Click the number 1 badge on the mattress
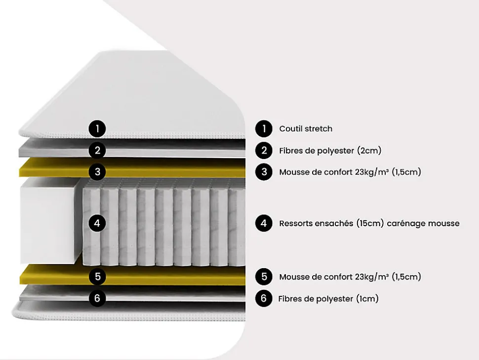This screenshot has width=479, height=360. click(x=97, y=129)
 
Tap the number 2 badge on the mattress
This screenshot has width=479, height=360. click(x=97, y=150)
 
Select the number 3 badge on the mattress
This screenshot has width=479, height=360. click(x=97, y=172)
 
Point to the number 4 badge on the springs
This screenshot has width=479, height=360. click(x=97, y=223)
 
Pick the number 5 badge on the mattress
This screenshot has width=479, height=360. click(x=97, y=277)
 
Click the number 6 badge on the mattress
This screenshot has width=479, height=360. click(x=97, y=298)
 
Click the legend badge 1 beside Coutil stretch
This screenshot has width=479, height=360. click(x=264, y=129)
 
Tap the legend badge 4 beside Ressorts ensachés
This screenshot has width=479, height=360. click(x=264, y=223)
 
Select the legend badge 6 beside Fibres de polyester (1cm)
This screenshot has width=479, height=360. click(x=264, y=298)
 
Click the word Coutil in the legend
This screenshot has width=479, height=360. click(x=289, y=129)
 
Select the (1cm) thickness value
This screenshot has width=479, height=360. click(x=367, y=299)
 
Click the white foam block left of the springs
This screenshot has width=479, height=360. click(x=48, y=221)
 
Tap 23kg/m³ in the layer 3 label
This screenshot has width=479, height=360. click(x=372, y=172)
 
